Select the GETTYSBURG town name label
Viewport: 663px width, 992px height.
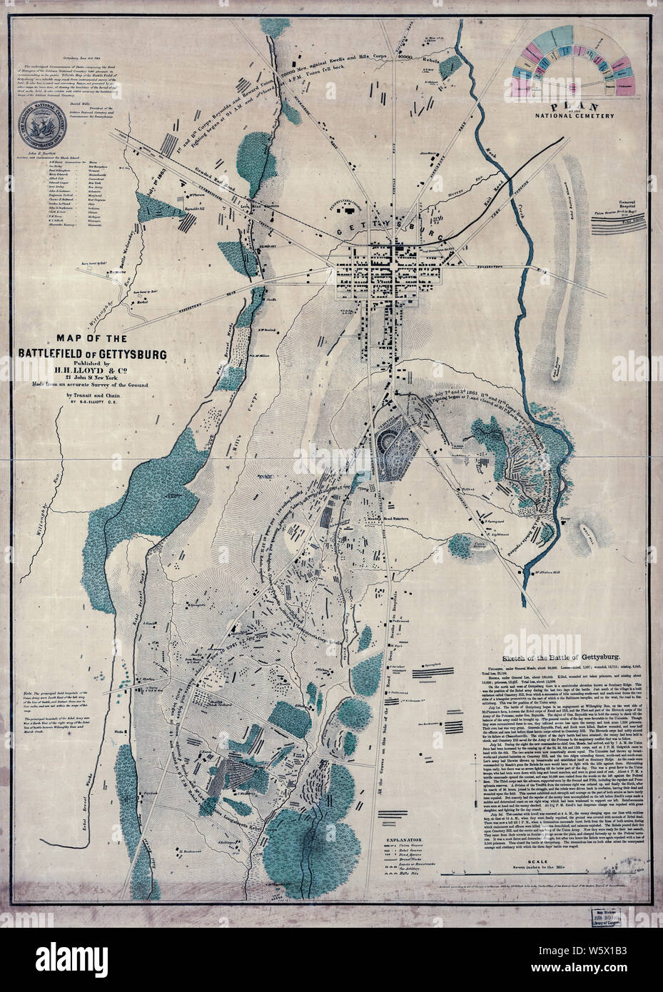click(x=391, y=227)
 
